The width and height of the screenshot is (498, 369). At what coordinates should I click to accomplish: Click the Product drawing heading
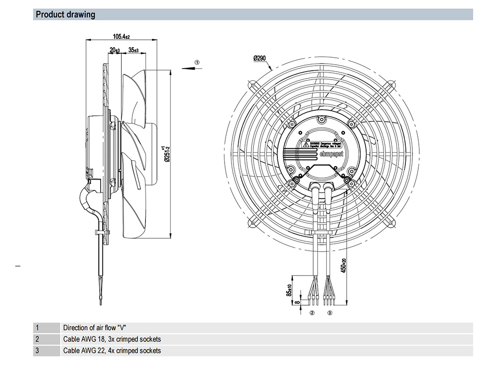pos(65,14)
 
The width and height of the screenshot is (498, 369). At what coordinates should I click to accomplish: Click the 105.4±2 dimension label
pos(121,36)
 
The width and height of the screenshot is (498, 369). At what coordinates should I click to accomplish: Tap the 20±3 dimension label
pos(115,50)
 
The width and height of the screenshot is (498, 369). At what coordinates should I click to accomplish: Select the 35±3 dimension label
pos(133,50)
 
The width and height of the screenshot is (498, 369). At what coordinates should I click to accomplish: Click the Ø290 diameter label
pos(260,59)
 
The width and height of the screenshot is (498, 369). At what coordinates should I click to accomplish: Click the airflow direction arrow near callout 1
pos(188,69)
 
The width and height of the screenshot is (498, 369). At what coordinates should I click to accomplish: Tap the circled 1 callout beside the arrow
pos(197,63)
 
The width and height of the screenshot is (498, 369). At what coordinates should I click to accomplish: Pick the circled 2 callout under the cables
pos(312,313)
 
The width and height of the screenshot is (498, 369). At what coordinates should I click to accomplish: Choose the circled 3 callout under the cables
pos(330,313)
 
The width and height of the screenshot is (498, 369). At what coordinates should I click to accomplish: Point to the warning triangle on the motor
pos(306,145)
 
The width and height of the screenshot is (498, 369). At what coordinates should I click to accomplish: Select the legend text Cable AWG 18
pos(112,339)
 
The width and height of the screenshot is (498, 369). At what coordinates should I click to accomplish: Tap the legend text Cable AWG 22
pos(112,351)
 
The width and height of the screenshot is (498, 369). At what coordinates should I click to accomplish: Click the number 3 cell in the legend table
pos(37,351)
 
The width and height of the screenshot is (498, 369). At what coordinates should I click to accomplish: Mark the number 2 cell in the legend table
pos(37,339)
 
